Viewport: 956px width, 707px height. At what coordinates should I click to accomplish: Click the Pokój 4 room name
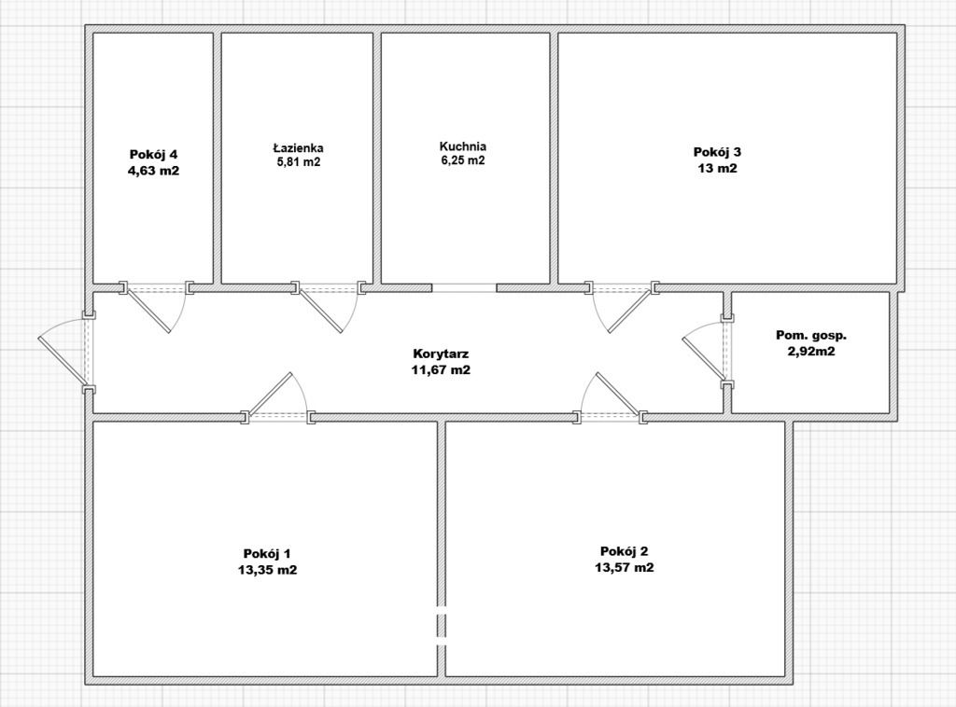pos(153,154)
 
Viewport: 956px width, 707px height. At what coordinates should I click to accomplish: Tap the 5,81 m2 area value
pos(298,162)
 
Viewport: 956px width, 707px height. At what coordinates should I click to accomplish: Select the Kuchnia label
pos(463,146)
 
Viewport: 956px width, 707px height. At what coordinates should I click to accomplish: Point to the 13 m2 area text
pos(718,168)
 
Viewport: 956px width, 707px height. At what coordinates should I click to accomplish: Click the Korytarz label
pos(441,353)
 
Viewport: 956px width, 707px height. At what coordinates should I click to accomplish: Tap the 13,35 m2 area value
pos(268,570)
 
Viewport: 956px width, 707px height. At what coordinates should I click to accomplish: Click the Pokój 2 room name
pos(625,552)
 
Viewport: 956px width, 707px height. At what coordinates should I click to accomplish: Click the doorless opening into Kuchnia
pos(465,288)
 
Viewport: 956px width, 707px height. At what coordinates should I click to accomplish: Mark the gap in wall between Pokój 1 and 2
pos(442,626)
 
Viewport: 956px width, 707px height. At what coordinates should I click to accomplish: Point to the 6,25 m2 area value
pos(463,160)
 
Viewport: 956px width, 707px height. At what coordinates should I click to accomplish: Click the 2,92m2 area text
pos(811,352)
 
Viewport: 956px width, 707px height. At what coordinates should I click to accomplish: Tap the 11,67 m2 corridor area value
pos(441,369)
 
